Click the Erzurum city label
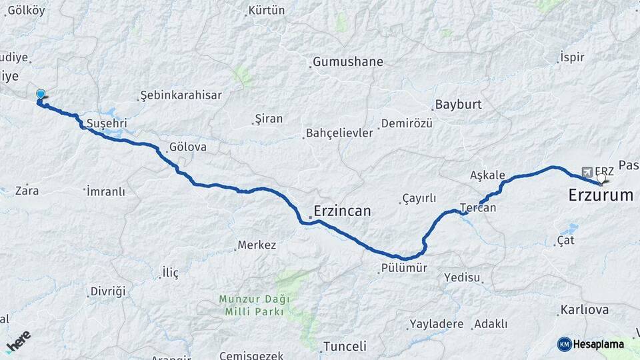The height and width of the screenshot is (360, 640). tap(600, 195)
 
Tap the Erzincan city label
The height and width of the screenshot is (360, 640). tap(343, 211)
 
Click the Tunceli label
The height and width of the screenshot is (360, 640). tap(344, 346)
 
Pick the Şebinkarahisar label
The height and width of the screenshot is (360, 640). tap(181, 95)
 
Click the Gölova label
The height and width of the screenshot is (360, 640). tap(187, 147)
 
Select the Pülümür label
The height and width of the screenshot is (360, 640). tap(403, 268)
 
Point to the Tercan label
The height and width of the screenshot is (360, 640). tap(478, 208)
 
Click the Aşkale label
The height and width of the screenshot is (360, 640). tap(487, 175)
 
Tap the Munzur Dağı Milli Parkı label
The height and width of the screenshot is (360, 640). tap(251, 305)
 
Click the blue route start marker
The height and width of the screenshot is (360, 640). tap(41, 95)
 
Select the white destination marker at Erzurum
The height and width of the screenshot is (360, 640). tap(602, 178)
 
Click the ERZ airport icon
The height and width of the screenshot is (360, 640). tap(587, 171)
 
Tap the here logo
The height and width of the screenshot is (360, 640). tap(18, 341)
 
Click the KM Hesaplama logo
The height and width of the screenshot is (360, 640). tap(591, 344)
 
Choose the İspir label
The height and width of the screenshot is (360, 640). tap(572, 57)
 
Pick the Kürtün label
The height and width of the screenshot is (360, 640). tap(266, 11)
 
